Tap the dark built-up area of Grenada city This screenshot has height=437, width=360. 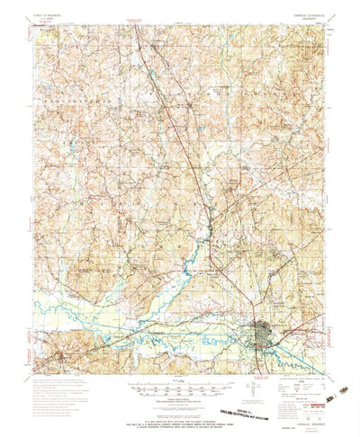[x=266, y=334]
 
